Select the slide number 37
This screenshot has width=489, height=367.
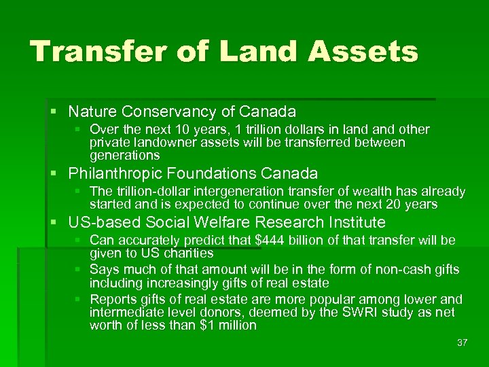(x=463, y=343)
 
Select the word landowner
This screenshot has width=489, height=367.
(x=166, y=143)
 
